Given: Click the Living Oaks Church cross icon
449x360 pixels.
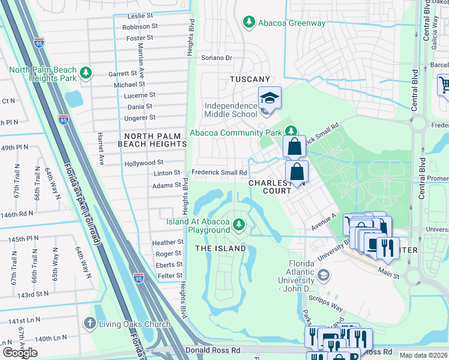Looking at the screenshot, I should click(x=89, y=324).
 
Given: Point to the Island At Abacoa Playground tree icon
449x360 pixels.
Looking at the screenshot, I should click(x=239, y=225).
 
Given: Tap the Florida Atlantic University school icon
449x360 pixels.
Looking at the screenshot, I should click(x=324, y=275).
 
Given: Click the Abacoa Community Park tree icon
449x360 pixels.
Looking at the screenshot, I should click(x=291, y=130).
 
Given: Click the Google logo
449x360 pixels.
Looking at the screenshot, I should click(x=20, y=353).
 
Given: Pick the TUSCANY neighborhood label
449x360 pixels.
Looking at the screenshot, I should click(x=250, y=79).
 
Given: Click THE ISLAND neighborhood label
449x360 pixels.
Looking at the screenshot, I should click(x=220, y=248).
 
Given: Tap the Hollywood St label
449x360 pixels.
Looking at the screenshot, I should click(x=143, y=163).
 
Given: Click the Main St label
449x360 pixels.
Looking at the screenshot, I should click(x=388, y=275).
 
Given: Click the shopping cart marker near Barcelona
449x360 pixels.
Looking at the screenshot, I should click(x=445, y=85).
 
